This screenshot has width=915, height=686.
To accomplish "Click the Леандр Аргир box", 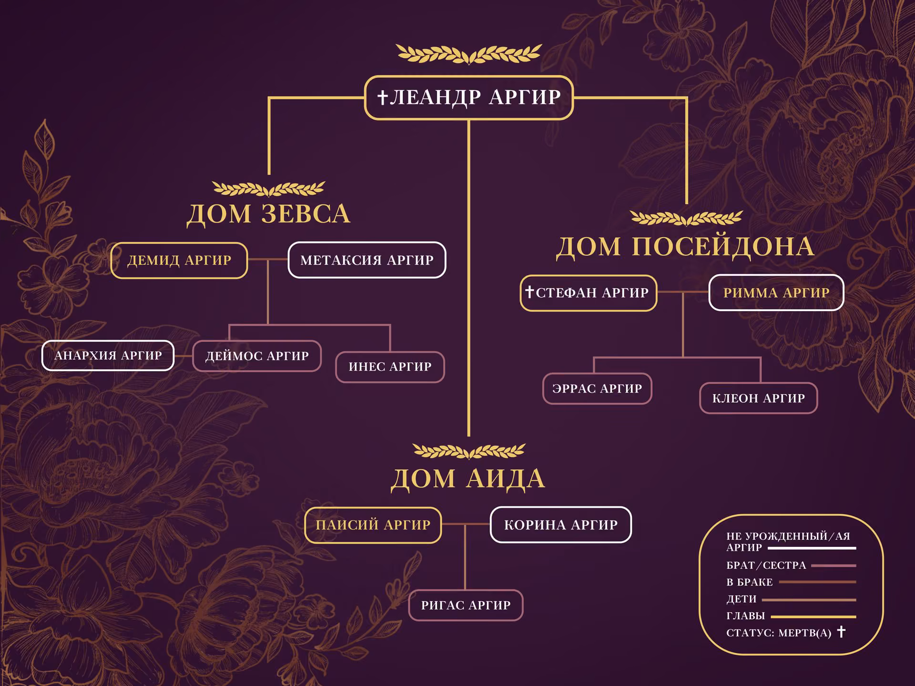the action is pyautogui.click(x=469, y=98).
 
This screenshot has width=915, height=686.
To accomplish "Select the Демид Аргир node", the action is pyautogui.click(x=179, y=260).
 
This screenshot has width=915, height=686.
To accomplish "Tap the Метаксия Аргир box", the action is pyautogui.click(x=367, y=260).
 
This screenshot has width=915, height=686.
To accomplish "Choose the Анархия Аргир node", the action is pyautogui.click(x=108, y=355).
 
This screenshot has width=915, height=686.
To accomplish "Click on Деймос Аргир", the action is pyautogui.click(x=257, y=356).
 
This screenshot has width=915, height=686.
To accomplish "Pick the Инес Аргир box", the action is pyautogui.click(x=390, y=367).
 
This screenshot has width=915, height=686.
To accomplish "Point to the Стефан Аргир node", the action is pyautogui.click(x=589, y=293).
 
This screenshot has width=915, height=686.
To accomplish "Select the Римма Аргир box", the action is pyautogui.click(x=776, y=293).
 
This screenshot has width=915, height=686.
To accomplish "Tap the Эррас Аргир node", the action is pyautogui.click(x=597, y=389).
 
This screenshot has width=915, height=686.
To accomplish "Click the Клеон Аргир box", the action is pyautogui.click(x=759, y=398).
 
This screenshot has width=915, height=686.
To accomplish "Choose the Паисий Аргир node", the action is pyautogui.click(x=373, y=525).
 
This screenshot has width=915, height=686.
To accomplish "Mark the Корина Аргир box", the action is pyautogui.click(x=561, y=525).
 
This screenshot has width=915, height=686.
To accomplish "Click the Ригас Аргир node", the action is pyautogui.click(x=466, y=605).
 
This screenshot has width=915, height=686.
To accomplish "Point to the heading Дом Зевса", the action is pyautogui.click(x=269, y=214).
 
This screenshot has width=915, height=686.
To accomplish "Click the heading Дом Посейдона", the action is pyautogui.click(x=685, y=247).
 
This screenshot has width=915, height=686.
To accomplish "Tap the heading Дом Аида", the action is pyautogui.click(x=468, y=479).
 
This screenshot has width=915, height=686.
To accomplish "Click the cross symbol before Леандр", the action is pyautogui.click(x=382, y=98).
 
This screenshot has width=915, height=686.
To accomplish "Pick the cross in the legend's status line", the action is pyautogui.click(x=842, y=632).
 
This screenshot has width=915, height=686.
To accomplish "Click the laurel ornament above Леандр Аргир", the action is pyautogui.click(x=469, y=54).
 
